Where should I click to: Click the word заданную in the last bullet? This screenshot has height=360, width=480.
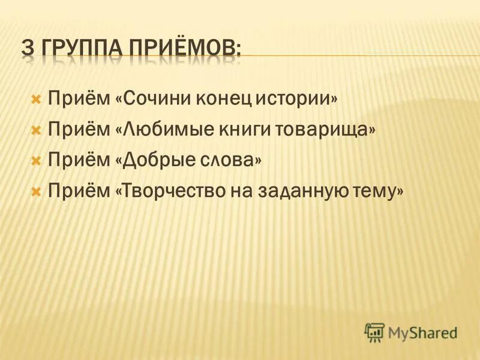tap(285, 192)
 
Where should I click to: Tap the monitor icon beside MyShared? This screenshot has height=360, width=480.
tap(374, 332)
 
